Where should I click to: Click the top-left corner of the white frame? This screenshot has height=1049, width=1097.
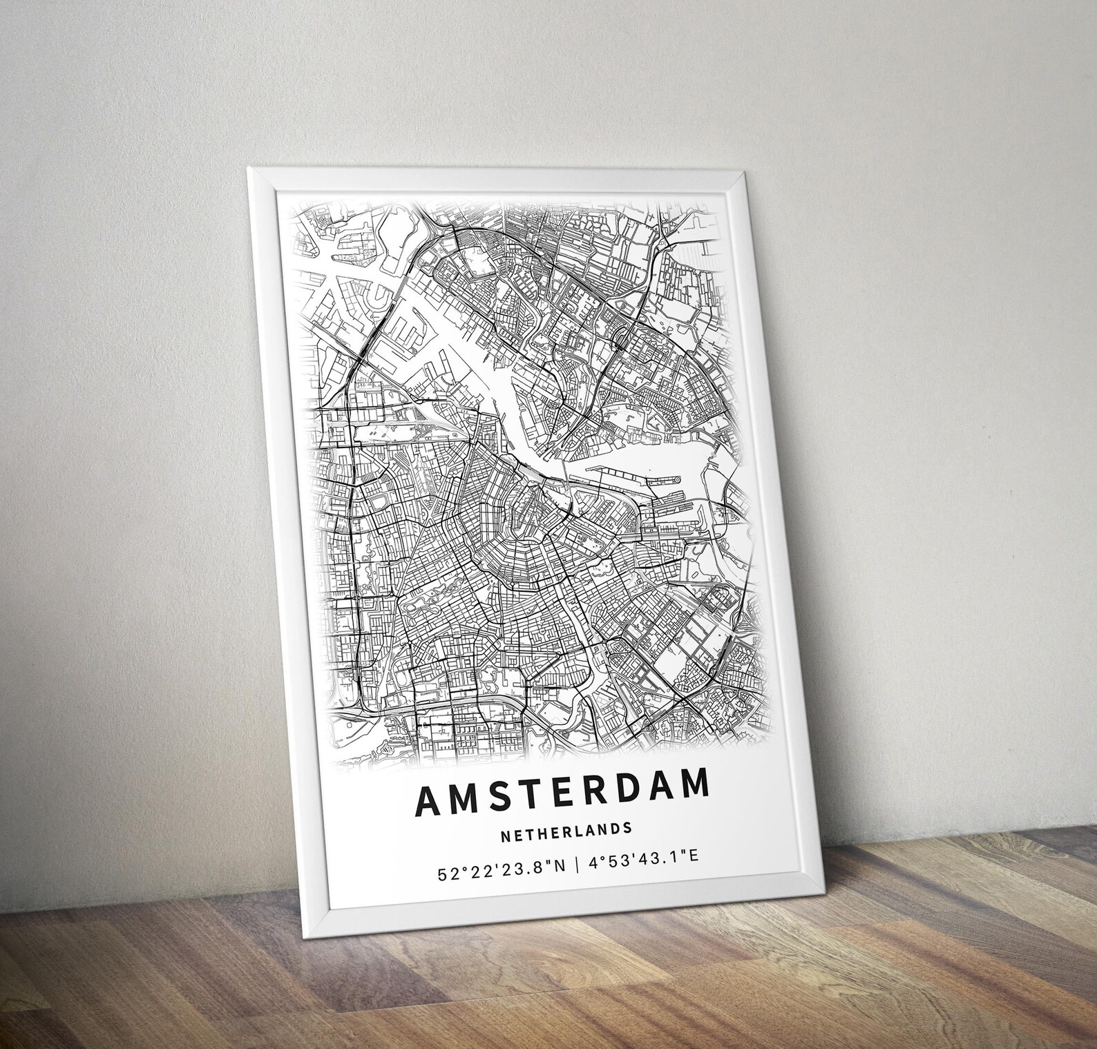coord(248,167)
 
